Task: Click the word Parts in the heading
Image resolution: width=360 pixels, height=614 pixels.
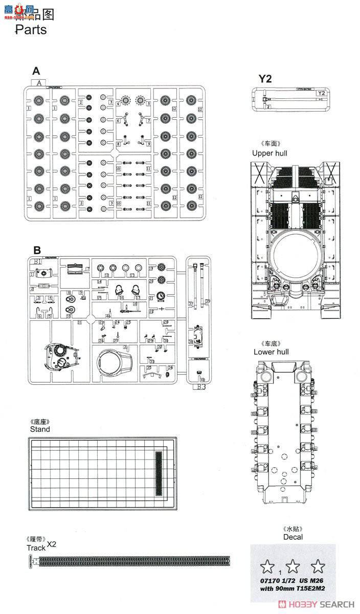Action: [x=31, y=30]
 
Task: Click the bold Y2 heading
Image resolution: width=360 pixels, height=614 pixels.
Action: [x=265, y=78]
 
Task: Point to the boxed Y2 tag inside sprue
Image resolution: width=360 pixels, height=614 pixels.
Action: [x=321, y=94]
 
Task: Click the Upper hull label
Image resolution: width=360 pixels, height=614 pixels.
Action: [x=269, y=153]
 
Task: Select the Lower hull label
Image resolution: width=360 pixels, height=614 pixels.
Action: [x=271, y=352]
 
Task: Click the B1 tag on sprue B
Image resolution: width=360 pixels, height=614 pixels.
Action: [x=38, y=262]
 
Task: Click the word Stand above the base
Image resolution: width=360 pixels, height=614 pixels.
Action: [x=40, y=429]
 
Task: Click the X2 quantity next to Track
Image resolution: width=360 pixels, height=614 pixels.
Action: [x=52, y=544]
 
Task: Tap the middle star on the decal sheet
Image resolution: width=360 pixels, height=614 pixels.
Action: [x=293, y=565]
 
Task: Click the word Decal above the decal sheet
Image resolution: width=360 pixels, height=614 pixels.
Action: [x=292, y=537]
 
